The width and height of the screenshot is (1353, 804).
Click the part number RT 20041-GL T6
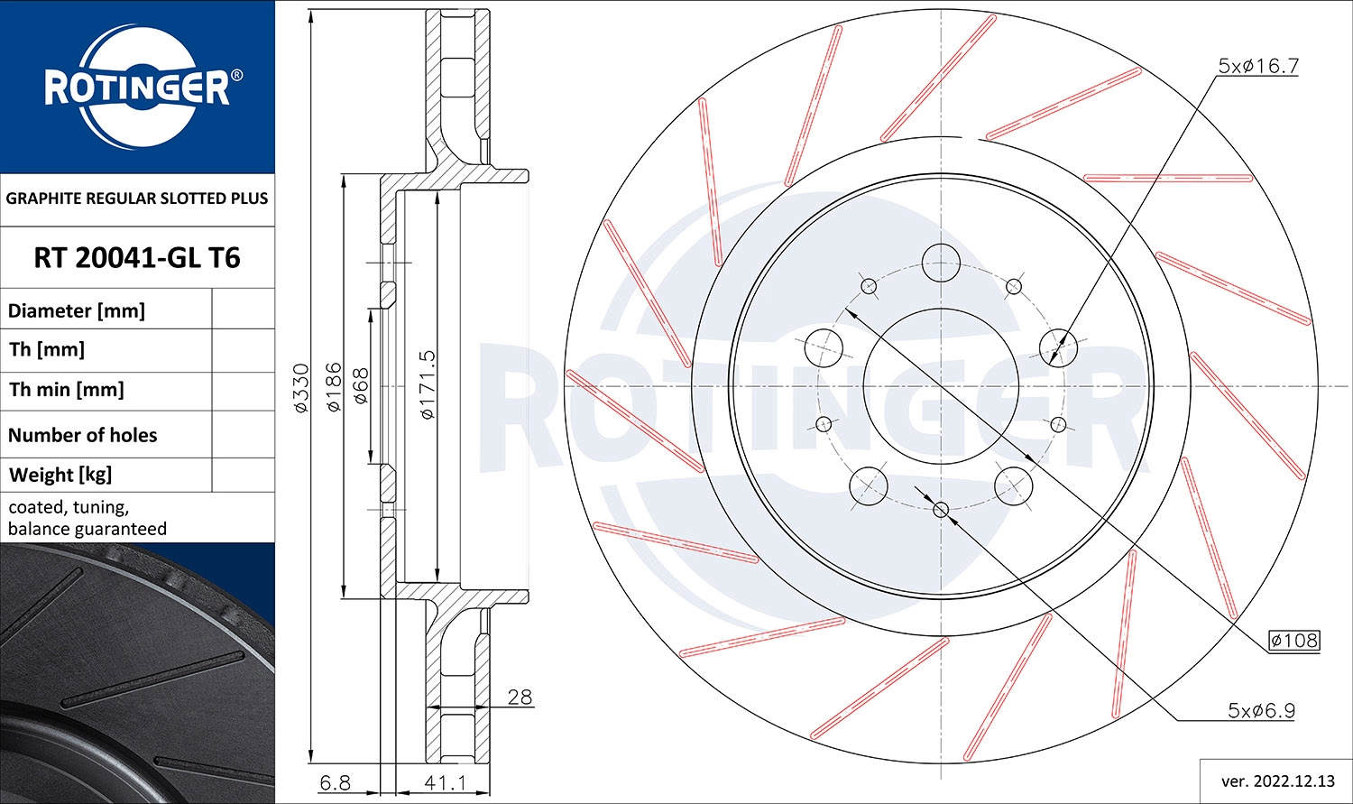click(137, 258)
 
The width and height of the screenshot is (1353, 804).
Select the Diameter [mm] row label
click(77, 311)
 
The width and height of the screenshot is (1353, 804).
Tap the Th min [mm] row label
click(67, 390)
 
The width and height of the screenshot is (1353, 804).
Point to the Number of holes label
click(83, 435)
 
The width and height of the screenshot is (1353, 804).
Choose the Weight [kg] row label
click(60, 475)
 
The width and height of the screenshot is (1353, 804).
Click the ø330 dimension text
click(301, 388)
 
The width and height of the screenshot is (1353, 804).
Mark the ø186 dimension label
click(334, 387)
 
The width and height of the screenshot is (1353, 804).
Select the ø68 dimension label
click(361, 386)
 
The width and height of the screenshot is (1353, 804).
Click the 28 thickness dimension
click(520, 697)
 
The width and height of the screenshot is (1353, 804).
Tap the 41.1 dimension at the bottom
click(445, 782)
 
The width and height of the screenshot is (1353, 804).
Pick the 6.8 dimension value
click(335, 782)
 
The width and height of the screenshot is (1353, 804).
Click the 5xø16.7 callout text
click(1257, 66)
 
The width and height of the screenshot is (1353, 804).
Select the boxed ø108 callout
click(1293, 641)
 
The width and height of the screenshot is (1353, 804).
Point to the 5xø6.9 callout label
click(1261, 710)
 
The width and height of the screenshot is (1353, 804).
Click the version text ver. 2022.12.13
click(1275, 781)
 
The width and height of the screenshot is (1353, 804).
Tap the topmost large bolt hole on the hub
click(941, 263)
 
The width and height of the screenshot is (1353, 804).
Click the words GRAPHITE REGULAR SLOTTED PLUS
click(137, 199)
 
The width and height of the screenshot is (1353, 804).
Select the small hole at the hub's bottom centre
click(941, 510)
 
